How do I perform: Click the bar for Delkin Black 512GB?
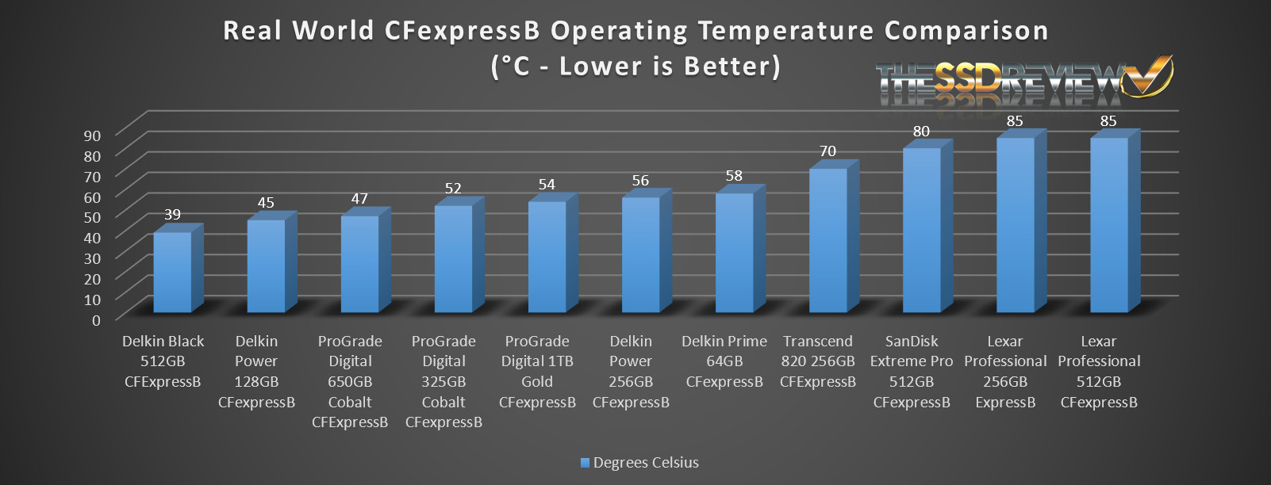(172, 271)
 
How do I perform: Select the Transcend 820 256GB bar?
(828, 239)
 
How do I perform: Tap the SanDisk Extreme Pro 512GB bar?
(922, 229)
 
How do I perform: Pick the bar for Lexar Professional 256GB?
(1016, 224)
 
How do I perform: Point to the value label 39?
(172, 214)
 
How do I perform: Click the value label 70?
(827, 151)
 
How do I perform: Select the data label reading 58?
(734, 175)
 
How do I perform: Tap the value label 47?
(359, 198)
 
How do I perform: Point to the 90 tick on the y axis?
(93, 135)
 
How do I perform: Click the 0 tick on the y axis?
(96, 320)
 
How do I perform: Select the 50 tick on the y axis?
(93, 217)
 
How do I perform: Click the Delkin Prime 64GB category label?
(724, 361)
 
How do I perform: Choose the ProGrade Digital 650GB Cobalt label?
(350, 381)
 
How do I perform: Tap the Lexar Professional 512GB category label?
(1099, 372)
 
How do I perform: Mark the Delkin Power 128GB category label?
(256, 372)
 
